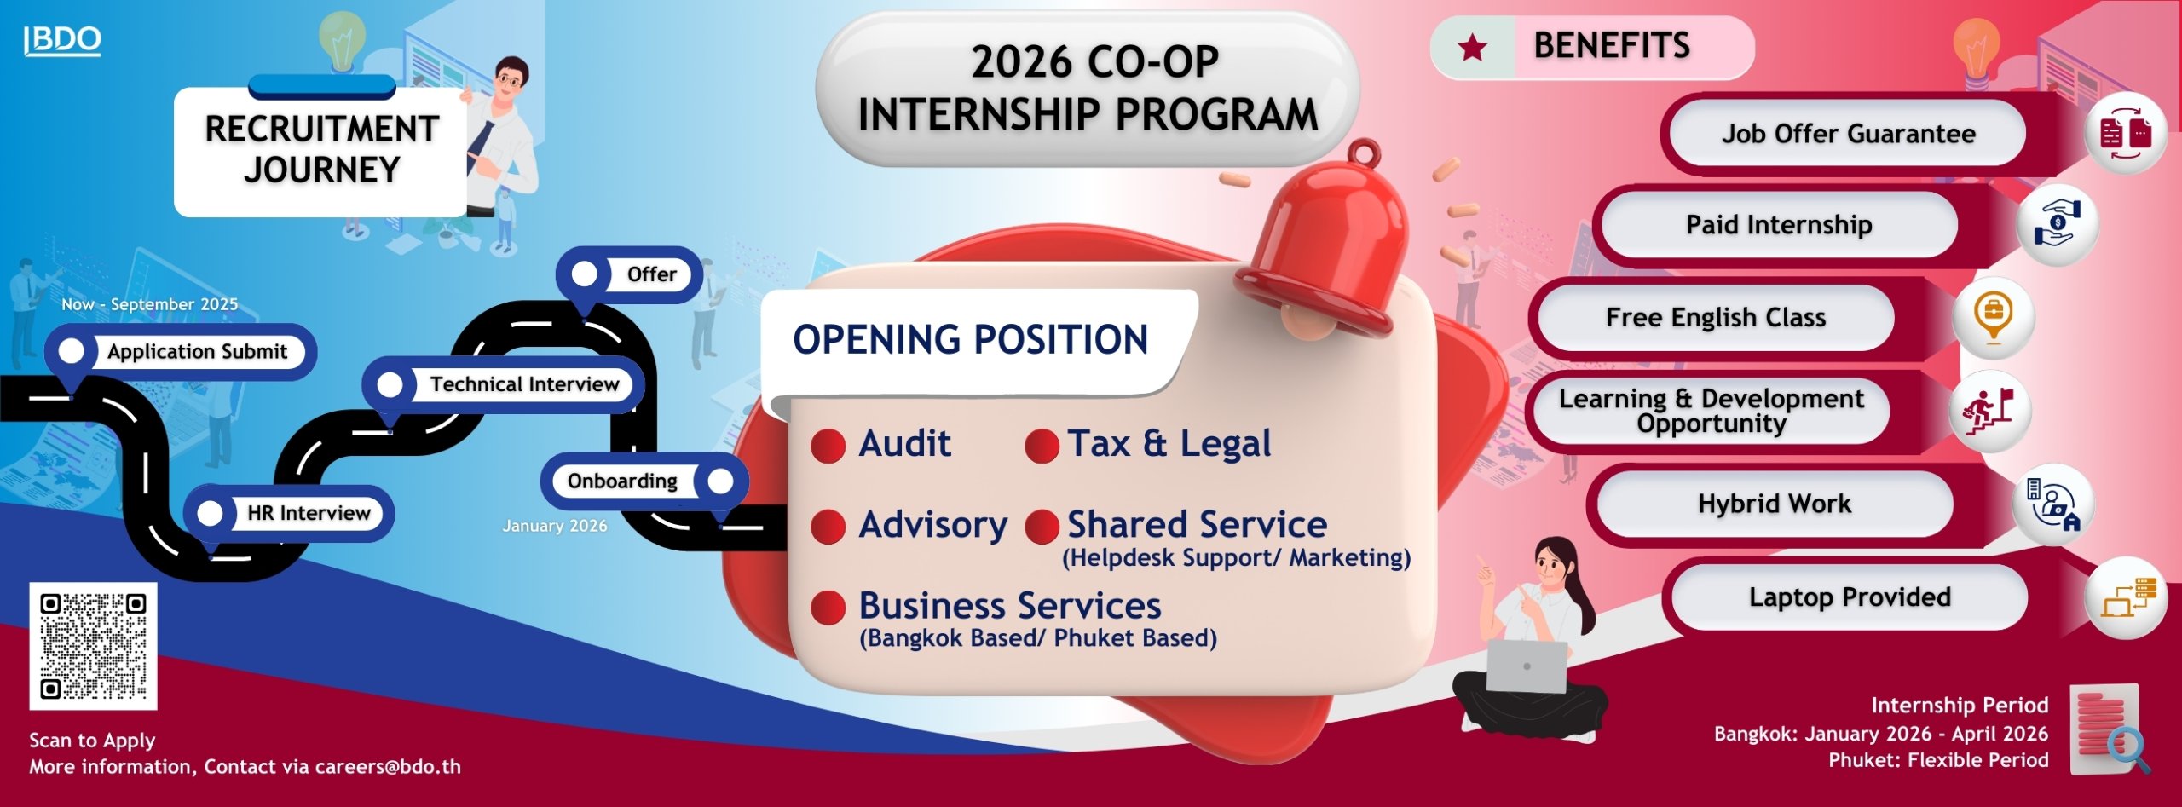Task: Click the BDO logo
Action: (x=62, y=40)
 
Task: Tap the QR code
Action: (x=93, y=646)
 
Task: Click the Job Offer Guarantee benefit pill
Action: (x=1848, y=134)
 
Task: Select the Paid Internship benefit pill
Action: (x=1779, y=225)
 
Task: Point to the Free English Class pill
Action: (x=1716, y=318)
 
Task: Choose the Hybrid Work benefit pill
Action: (x=1775, y=504)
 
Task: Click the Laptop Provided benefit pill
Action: (x=1850, y=597)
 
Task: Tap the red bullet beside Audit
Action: (x=828, y=445)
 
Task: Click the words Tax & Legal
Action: (x=1169, y=443)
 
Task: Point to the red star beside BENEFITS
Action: (x=1473, y=48)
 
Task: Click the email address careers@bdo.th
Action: (x=388, y=767)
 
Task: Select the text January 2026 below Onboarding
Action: (x=555, y=526)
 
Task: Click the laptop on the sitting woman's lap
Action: (x=1527, y=666)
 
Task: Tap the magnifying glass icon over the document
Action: (x=2127, y=749)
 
